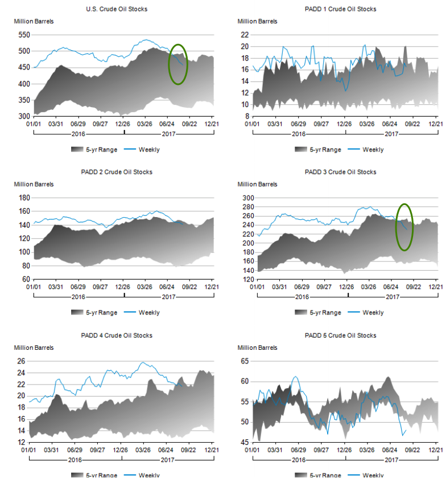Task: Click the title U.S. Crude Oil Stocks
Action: click(118, 9)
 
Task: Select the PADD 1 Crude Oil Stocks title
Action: click(340, 9)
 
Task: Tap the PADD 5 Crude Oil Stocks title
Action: click(340, 336)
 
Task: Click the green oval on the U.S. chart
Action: click(178, 64)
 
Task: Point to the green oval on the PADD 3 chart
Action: click(404, 227)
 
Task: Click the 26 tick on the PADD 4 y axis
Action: click(20, 361)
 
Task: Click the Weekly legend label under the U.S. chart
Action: click(149, 150)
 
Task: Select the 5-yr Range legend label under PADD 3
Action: click(325, 313)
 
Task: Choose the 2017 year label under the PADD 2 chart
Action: click(168, 297)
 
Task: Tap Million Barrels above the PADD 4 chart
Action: click(34, 347)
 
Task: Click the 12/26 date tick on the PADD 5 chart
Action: click(345, 450)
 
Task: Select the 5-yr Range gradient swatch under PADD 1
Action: click(302, 150)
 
